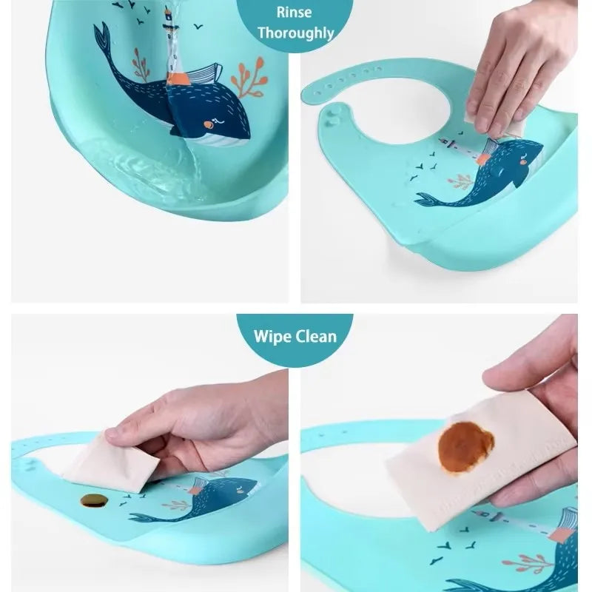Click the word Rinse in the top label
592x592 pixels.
pyautogui.click(x=295, y=13)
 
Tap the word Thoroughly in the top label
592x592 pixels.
pyautogui.click(x=295, y=33)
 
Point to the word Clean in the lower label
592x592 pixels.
pyautogui.click(x=317, y=337)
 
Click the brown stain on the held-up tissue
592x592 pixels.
pyautogui.click(x=465, y=447)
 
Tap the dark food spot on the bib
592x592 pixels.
pyautogui.click(x=94, y=500)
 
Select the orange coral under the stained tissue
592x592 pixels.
pyautogui.click(x=525, y=562)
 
